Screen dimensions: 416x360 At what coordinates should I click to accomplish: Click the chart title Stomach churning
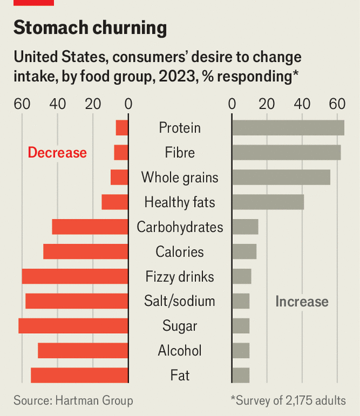coord(90,28)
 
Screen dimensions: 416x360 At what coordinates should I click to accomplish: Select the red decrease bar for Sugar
coord(73,326)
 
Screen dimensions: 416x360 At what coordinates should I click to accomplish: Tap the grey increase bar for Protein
coord(288,128)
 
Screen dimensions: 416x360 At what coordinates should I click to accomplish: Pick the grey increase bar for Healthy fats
coord(268,202)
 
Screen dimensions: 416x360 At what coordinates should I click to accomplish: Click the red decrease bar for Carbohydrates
coord(90,227)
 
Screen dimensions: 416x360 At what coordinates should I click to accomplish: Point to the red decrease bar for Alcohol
coord(83,351)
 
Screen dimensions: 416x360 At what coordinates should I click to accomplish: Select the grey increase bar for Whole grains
coord(281,178)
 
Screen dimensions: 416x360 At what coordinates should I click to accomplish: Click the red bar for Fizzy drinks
coord(75,276)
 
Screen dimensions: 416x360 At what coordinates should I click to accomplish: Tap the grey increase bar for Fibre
coord(286,153)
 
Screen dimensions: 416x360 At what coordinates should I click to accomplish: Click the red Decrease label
coord(57,153)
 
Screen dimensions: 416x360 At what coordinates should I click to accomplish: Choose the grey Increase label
coord(301,301)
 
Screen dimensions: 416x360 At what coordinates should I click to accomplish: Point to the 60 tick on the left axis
coord(22,104)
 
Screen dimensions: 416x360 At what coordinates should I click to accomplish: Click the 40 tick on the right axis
coord(303,104)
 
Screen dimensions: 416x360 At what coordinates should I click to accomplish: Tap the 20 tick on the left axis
coord(93,104)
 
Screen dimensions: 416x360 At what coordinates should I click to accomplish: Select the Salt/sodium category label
coord(179,301)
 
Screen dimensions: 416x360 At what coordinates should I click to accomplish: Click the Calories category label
coord(179,252)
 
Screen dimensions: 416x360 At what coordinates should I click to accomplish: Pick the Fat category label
coord(179,376)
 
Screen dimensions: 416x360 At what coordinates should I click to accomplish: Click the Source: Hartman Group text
coord(73,401)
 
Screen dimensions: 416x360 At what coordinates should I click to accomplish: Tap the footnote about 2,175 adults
coord(288,401)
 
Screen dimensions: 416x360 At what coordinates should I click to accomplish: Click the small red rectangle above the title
coord(34,2)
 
